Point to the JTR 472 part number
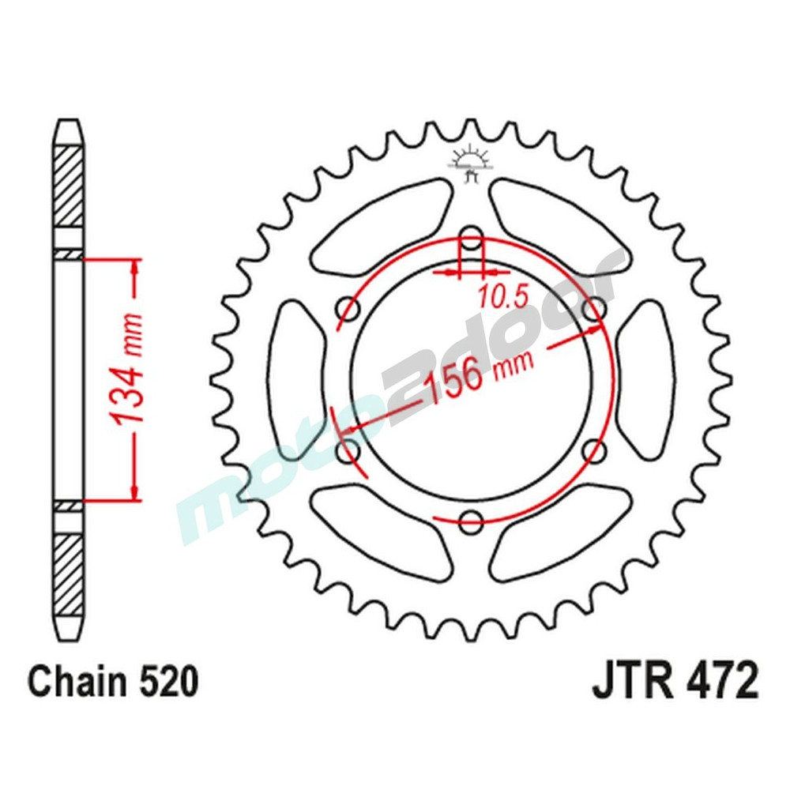point(675,681)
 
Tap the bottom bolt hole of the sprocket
point(471,521)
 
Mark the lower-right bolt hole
point(594,451)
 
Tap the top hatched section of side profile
point(69,186)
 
